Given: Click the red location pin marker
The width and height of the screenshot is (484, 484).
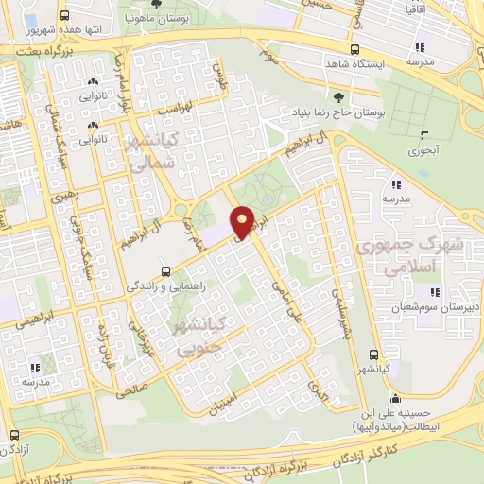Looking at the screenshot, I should coord(243,222).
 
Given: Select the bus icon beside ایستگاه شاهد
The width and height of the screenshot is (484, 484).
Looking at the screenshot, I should coord(354,49).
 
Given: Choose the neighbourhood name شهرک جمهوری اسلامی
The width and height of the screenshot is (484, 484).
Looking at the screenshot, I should coord(399,256).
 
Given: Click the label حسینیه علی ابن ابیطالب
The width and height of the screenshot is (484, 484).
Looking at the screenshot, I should coord(394,419).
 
